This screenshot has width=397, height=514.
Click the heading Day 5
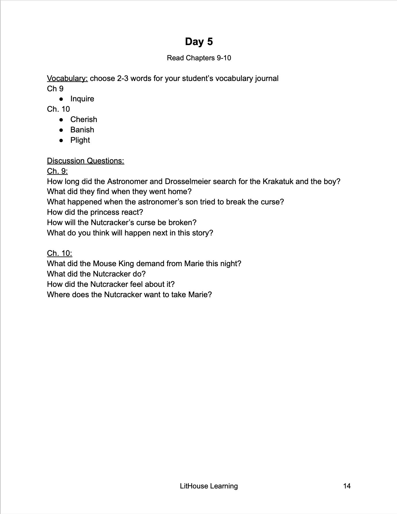[199, 42]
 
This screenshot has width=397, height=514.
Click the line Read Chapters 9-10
[199, 58]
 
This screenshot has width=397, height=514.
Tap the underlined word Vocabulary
[67, 78]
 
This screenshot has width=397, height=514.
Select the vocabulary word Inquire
[82, 99]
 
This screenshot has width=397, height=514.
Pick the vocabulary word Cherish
[84, 119]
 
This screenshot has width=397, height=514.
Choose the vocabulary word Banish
[82, 130]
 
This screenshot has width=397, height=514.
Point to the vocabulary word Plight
[80, 140]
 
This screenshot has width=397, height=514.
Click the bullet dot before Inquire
[61, 99]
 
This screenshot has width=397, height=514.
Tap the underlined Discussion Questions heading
[86, 161]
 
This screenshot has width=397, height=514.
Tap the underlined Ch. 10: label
[59, 253]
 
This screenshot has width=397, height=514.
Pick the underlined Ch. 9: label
[57, 171]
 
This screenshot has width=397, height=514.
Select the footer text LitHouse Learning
[209, 486]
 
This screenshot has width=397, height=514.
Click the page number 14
[347, 486]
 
